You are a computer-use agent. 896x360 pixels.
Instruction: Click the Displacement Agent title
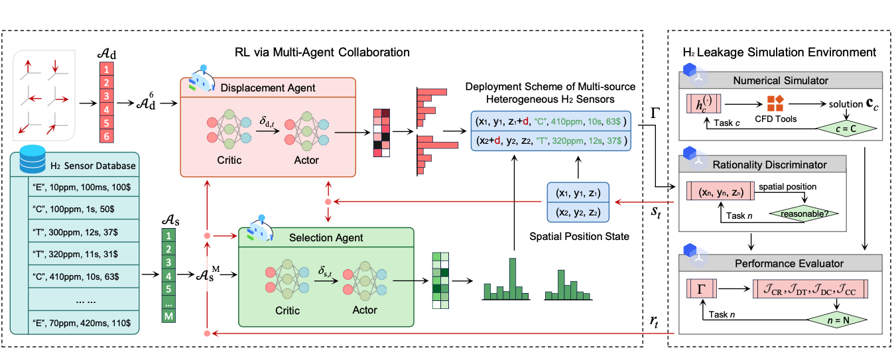coord(269,88)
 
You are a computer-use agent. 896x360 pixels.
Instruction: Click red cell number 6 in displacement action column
coord(107,137)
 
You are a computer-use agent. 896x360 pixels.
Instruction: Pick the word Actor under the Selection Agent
coord(364,310)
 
